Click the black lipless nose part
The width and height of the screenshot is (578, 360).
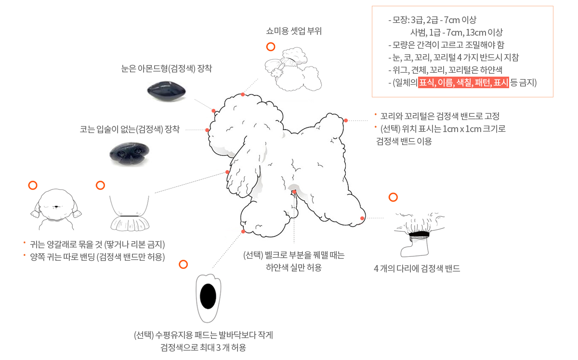128,154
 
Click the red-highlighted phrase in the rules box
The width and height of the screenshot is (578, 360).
463,82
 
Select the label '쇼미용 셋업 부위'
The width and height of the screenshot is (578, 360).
294,32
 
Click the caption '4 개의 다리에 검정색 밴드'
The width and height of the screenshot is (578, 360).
417,269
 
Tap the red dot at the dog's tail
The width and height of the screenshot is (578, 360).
346,120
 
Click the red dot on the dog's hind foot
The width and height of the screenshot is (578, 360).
362,218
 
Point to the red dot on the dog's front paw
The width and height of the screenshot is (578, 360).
243,232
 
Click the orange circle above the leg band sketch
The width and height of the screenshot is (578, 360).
393,197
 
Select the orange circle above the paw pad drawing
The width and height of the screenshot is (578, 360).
183,264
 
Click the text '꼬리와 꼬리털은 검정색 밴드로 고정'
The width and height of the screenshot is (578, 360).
439,116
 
